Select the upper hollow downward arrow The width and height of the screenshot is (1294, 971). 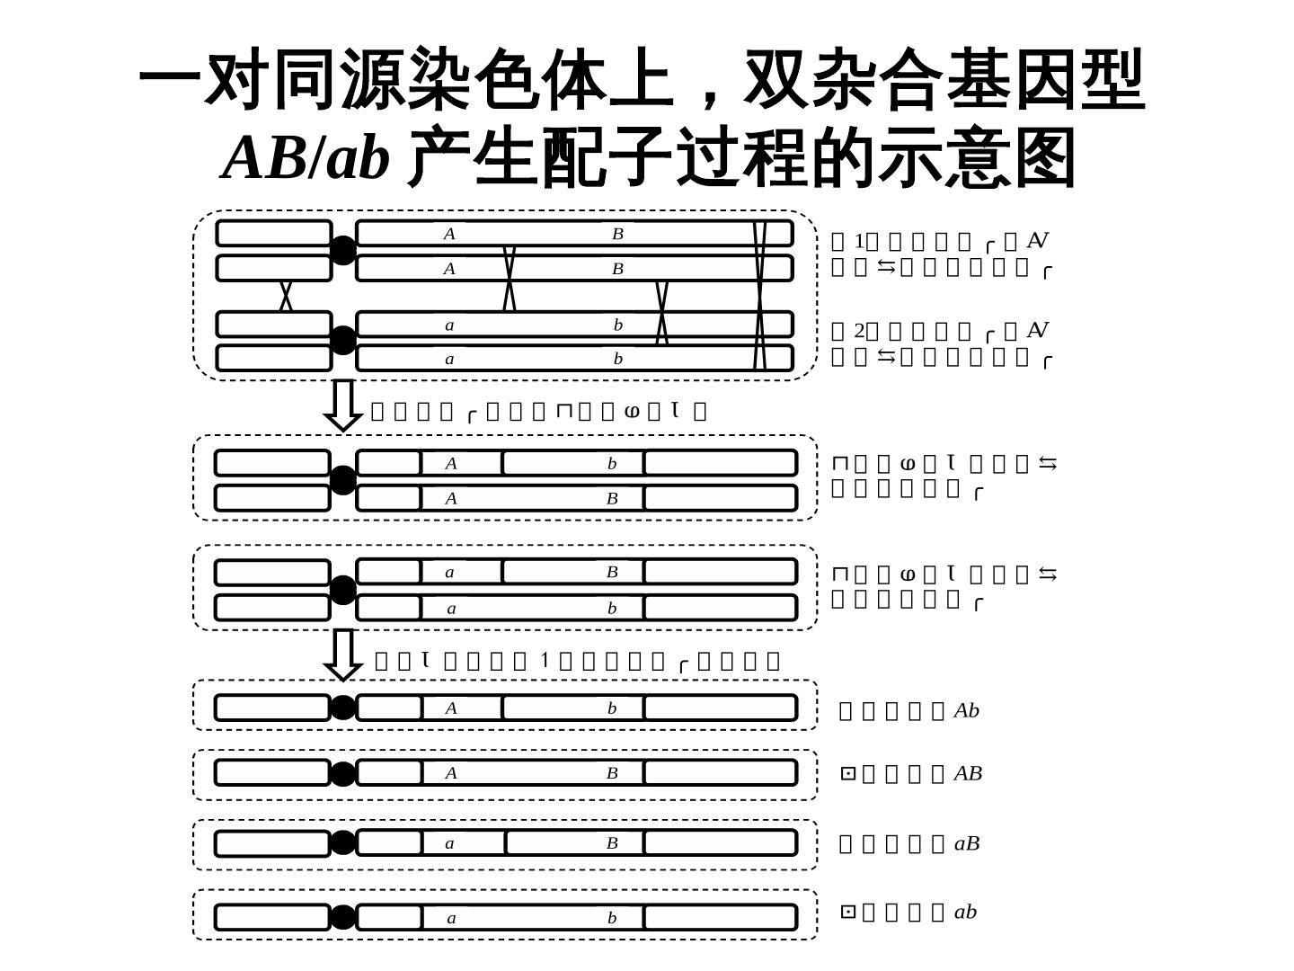click(x=342, y=405)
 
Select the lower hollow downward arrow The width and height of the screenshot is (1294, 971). click(x=342, y=655)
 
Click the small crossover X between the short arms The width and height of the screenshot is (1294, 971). click(x=286, y=295)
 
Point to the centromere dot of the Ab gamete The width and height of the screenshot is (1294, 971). click(x=342, y=708)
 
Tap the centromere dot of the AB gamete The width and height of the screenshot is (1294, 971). click(x=342, y=773)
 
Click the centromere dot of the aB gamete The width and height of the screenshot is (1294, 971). click(x=342, y=842)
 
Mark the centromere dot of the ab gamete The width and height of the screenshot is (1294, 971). click(x=342, y=917)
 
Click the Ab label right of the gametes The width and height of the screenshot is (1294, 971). click(x=966, y=710)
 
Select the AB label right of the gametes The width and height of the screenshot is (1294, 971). click(x=968, y=773)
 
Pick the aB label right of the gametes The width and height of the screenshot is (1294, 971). click(x=967, y=843)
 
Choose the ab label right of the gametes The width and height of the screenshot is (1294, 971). click(x=965, y=912)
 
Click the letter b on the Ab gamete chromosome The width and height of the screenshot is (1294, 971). click(x=612, y=708)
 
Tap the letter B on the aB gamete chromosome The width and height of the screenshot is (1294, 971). click(x=612, y=843)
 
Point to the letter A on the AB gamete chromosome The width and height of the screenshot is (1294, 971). click(x=451, y=773)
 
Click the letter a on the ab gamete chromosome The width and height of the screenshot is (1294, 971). click(x=451, y=918)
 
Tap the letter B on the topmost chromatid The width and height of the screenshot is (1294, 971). click(x=618, y=234)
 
